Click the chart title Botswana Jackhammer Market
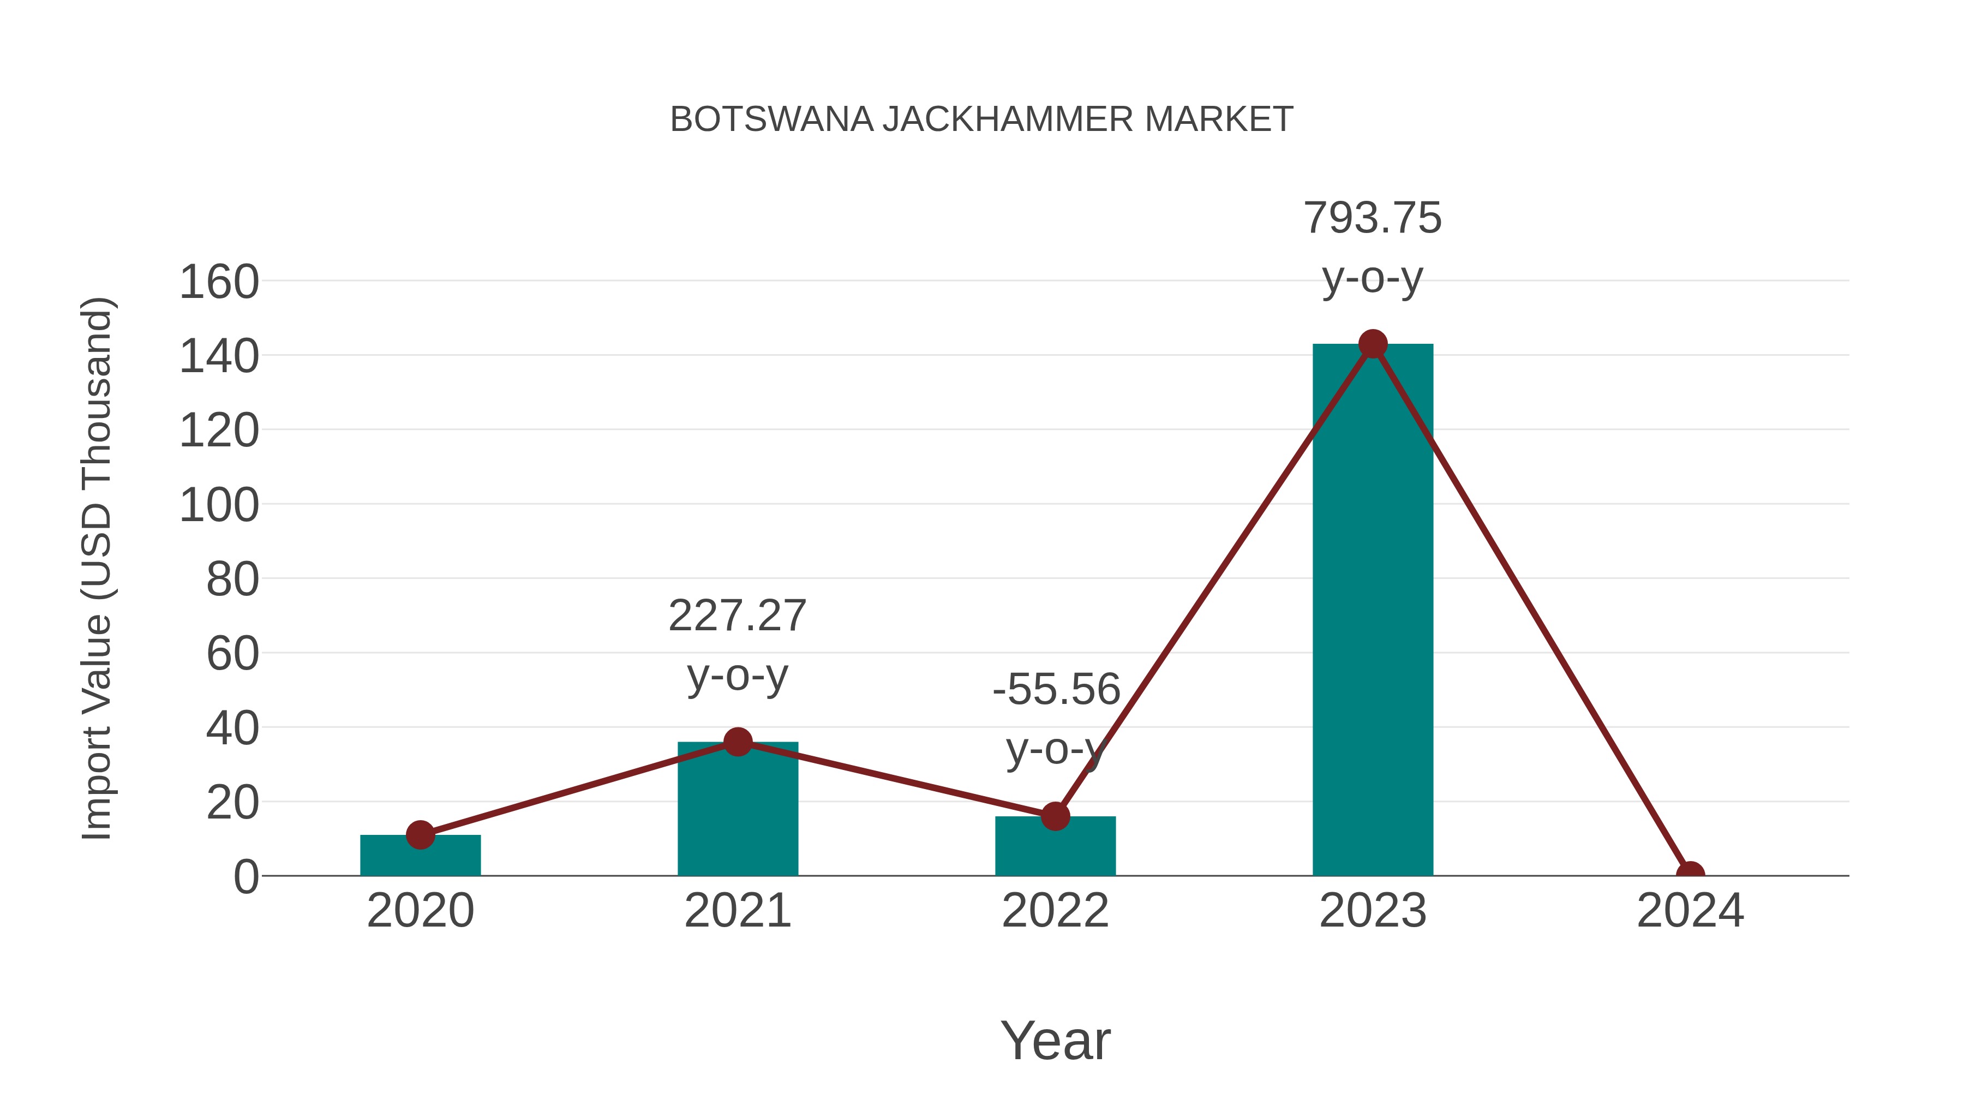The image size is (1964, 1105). (x=981, y=120)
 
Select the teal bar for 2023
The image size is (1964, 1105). (x=1373, y=610)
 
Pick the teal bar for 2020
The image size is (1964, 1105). (x=420, y=858)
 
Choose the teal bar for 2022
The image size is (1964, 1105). (x=1055, y=848)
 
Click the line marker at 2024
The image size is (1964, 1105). (x=1690, y=874)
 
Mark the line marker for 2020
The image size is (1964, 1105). (x=420, y=835)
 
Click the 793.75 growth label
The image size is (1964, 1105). (x=1373, y=218)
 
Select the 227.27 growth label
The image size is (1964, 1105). (x=737, y=616)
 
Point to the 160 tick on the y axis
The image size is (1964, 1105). (x=219, y=282)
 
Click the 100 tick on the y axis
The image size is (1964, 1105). (x=219, y=506)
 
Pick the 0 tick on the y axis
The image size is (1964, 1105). (x=245, y=877)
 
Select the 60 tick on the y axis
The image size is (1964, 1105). (x=232, y=654)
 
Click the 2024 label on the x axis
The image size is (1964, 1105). (x=1690, y=911)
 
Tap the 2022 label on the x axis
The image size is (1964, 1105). (x=1055, y=911)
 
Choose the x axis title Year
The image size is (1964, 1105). (x=1055, y=1041)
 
